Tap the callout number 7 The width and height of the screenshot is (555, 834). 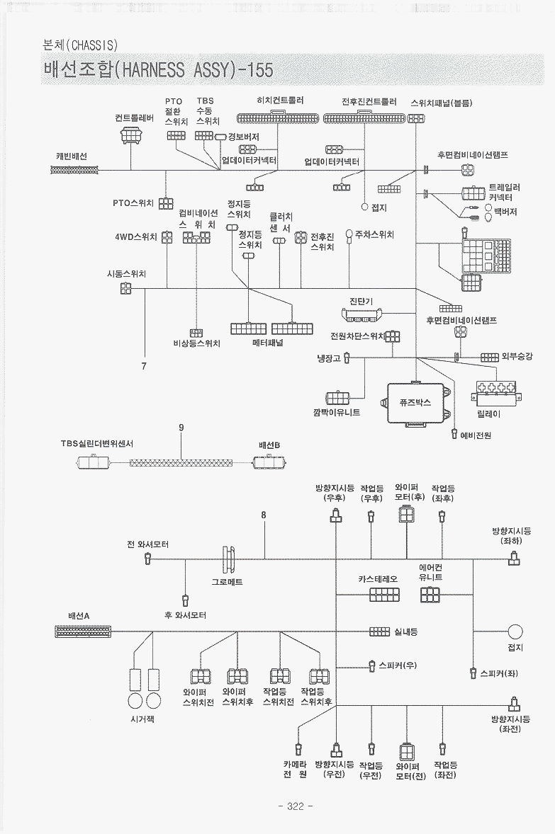click(144, 366)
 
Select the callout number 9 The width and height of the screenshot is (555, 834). click(181, 427)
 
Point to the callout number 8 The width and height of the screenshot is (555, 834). click(263, 515)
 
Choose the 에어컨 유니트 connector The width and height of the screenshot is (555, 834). click(430, 595)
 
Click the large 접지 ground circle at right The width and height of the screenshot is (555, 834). click(515, 632)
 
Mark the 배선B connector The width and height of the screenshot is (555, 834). click(269, 462)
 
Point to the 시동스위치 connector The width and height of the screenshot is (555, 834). click(125, 288)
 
